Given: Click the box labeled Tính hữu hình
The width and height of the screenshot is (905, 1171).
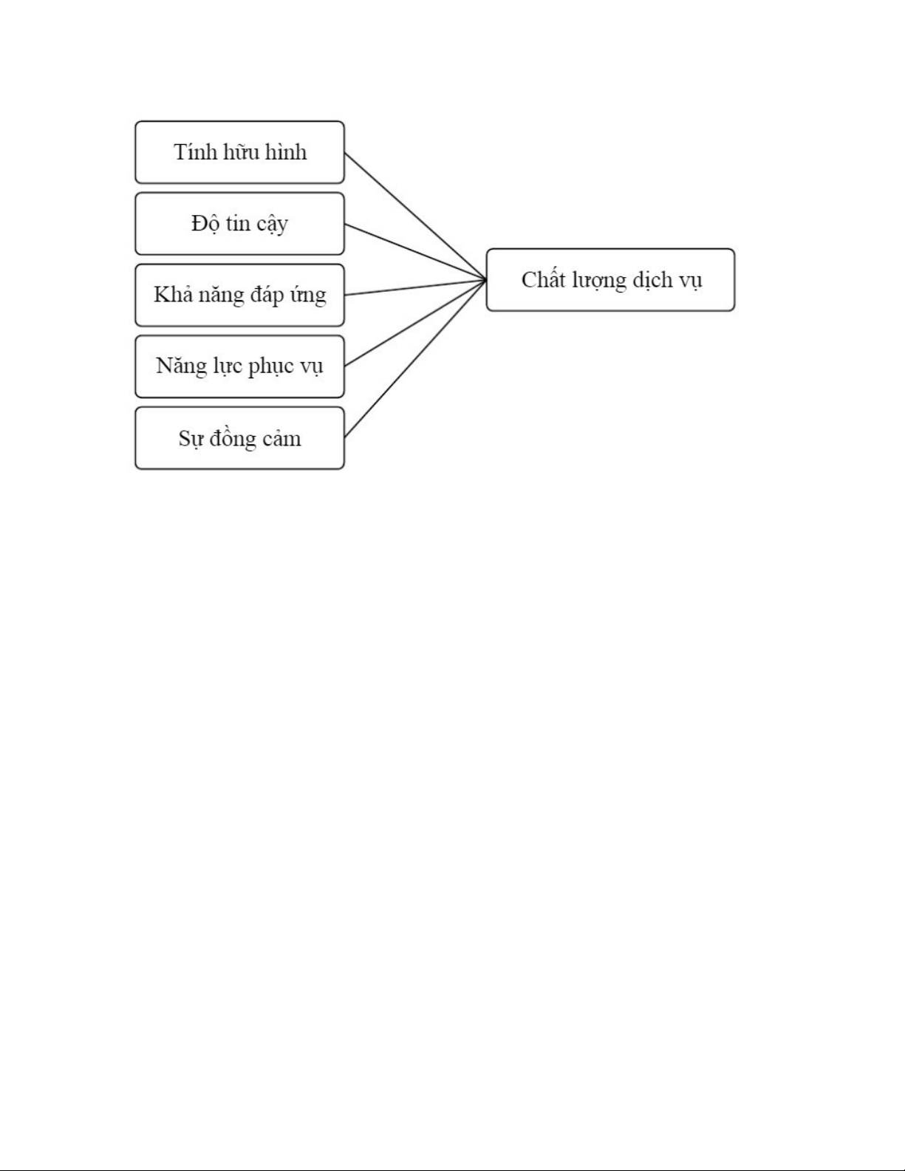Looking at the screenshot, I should (x=239, y=152).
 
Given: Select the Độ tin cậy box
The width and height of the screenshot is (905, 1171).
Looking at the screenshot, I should (x=239, y=224).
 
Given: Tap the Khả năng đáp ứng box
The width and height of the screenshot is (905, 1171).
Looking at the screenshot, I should (x=239, y=295).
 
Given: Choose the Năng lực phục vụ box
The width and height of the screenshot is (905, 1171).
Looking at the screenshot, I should (x=239, y=366).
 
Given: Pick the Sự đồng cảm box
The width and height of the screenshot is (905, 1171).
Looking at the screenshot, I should (x=239, y=438).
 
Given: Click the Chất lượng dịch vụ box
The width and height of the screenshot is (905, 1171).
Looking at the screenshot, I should (x=610, y=280).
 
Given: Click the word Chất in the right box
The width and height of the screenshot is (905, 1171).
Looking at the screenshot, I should (x=544, y=280).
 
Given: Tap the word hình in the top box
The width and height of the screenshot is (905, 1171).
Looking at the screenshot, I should (x=286, y=152).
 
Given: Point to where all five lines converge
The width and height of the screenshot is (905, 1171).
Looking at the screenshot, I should (x=485, y=280).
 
